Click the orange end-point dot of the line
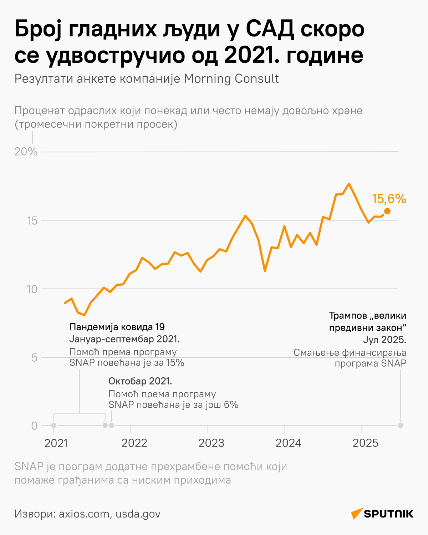click(387, 211)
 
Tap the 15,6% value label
click(389, 199)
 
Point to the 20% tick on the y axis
click(26, 152)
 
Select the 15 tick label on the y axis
click(32, 220)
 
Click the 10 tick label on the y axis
click(32, 289)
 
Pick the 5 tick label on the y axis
click(35, 357)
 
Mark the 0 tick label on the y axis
click(34, 426)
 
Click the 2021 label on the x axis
click(56, 443)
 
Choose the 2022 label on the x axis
click(134, 443)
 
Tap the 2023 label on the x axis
click(211, 443)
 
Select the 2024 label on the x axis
click(288, 443)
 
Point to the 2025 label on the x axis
click(365, 443)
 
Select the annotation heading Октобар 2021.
click(140, 381)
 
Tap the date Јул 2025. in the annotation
click(384, 340)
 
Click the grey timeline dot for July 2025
click(401, 425)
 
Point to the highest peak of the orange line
click(349, 184)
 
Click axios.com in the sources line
click(84, 514)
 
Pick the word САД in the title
click(270, 30)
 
